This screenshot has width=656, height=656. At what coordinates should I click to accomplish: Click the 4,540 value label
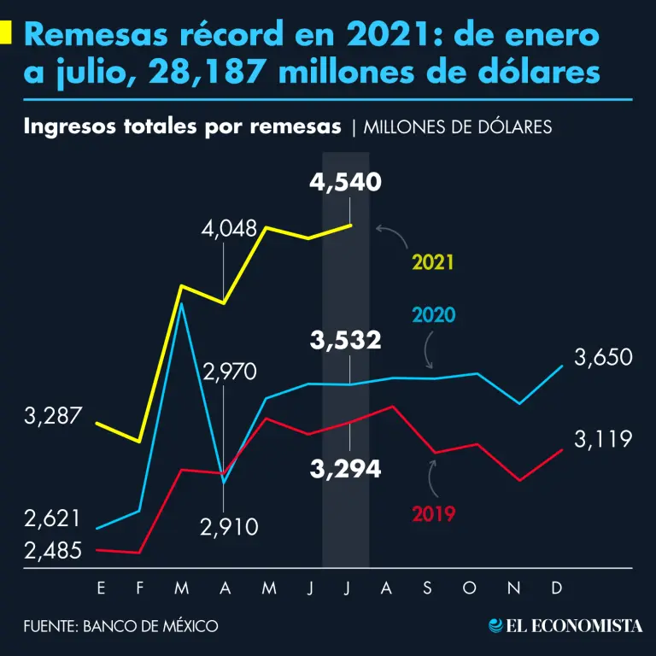(346, 182)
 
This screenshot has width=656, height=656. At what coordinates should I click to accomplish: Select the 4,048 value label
(230, 229)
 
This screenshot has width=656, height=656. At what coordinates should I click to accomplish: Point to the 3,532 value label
(346, 341)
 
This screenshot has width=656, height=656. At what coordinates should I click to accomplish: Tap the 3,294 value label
(346, 468)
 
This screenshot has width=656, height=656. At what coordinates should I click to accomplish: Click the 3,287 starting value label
(53, 417)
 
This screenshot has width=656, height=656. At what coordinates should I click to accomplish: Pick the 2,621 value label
(53, 518)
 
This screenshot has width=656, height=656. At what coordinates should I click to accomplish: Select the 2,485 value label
(53, 551)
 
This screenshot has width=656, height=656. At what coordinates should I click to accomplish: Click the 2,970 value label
(229, 372)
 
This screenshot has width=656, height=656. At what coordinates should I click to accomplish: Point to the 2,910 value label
(229, 528)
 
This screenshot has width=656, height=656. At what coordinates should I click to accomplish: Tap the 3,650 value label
(603, 357)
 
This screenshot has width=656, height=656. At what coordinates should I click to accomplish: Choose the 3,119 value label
(603, 439)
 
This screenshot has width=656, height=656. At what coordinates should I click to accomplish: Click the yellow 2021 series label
(432, 262)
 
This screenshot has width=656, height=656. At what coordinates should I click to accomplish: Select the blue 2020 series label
(434, 315)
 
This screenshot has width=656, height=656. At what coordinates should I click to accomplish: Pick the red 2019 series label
(434, 514)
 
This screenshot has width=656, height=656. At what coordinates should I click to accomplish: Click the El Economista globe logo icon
(495, 626)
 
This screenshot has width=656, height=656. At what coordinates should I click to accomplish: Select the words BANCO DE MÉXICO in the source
(150, 626)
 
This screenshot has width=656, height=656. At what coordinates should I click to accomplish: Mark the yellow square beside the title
(6, 33)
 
